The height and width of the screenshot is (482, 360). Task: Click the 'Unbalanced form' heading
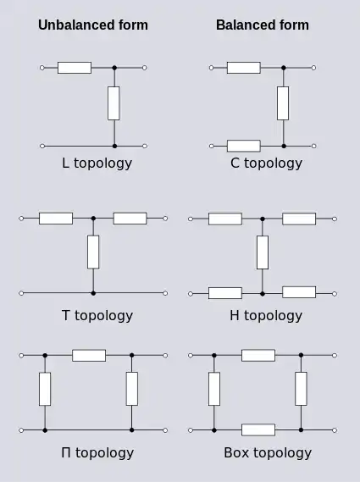point(93,25)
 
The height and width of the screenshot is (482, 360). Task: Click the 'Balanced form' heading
point(263,25)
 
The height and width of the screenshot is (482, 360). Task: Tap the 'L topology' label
point(97,163)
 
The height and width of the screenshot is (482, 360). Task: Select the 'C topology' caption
point(266,163)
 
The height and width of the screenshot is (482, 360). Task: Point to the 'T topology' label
point(97,316)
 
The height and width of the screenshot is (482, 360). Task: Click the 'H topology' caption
point(266,316)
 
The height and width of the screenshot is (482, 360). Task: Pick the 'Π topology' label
point(97,453)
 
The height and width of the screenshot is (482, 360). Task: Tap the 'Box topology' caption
point(268,453)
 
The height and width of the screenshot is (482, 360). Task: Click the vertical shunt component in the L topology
point(114,103)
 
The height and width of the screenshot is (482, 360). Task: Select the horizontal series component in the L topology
point(75,68)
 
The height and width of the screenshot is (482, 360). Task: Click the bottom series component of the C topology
point(244,146)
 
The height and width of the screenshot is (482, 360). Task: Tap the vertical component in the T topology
point(93,252)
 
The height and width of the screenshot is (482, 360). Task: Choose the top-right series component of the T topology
point(130,219)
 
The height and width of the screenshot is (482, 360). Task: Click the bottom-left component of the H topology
point(225,293)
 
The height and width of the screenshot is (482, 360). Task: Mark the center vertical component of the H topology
point(263,252)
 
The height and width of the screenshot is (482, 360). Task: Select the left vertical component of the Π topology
point(45,389)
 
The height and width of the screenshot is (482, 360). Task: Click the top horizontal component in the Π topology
point(89,355)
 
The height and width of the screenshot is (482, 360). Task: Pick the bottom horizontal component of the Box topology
point(258,430)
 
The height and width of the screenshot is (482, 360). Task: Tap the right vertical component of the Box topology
point(301,389)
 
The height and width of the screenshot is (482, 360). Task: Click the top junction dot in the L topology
point(114,68)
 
